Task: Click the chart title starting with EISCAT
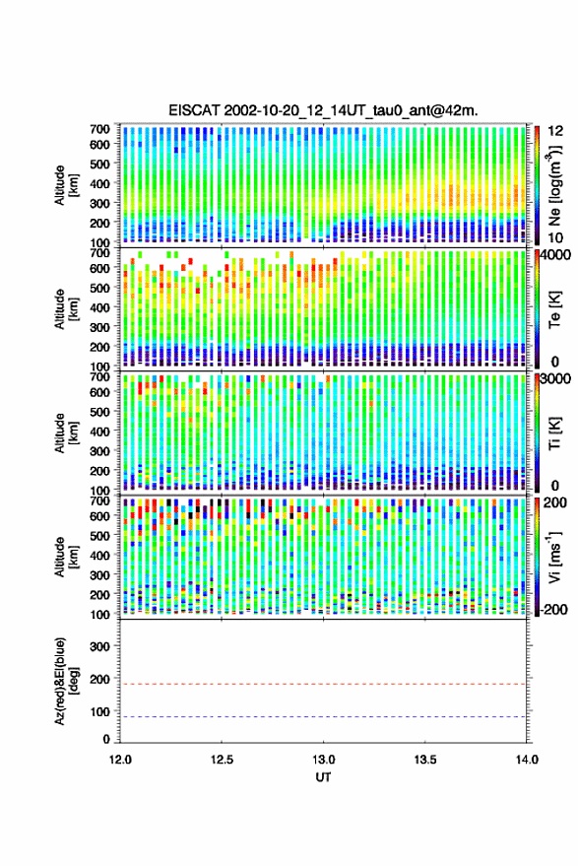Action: click(323, 110)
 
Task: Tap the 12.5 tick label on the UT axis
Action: click(222, 760)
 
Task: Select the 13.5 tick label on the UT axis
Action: click(425, 760)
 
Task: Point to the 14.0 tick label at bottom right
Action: click(527, 760)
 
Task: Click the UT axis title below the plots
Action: click(323, 777)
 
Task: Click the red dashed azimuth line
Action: click(323, 684)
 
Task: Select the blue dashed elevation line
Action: click(323, 717)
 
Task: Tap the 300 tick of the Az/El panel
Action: click(100, 646)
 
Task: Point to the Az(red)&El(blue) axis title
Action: click(67, 681)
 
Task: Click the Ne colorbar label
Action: click(554, 185)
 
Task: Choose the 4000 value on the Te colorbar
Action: click(556, 256)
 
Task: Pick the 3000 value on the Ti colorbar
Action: click(556, 379)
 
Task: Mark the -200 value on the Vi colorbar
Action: click(553, 610)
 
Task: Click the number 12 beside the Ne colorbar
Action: click(556, 131)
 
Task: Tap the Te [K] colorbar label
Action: click(554, 309)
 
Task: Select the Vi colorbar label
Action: click(553, 557)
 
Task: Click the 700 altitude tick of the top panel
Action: click(99, 129)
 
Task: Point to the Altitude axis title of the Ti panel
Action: click(67, 433)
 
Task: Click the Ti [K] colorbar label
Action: click(554, 433)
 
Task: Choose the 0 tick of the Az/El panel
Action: click(106, 740)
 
